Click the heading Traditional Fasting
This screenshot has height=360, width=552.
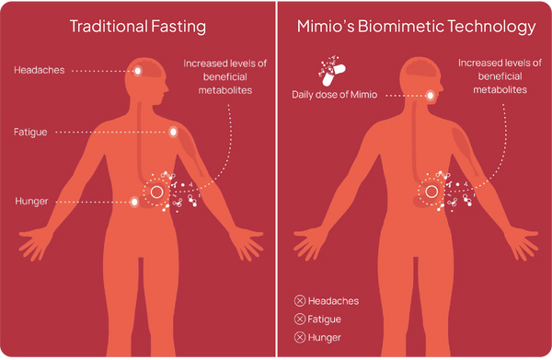(x=138, y=27)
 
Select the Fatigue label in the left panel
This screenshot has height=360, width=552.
(x=32, y=134)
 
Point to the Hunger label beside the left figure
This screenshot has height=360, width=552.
(x=31, y=200)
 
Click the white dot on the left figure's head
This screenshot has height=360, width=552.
(x=138, y=71)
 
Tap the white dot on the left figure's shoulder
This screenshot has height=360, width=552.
(x=172, y=134)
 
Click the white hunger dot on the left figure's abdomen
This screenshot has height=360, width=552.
(x=135, y=200)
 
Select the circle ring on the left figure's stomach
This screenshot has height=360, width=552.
(x=156, y=192)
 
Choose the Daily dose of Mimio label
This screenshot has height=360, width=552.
(x=333, y=95)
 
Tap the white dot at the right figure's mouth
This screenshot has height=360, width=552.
(x=432, y=95)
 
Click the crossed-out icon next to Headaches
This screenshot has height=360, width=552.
(x=299, y=301)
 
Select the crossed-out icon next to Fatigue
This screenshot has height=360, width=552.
(x=299, y=319)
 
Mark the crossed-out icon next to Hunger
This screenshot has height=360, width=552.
(x=299, y=337)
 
